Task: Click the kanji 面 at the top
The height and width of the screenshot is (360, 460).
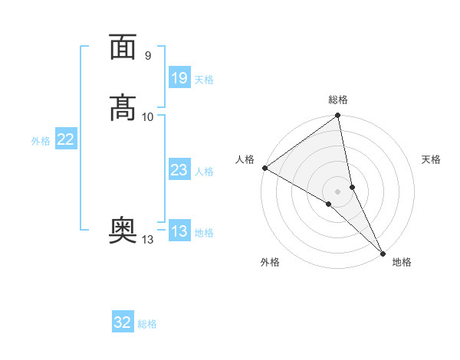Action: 123,47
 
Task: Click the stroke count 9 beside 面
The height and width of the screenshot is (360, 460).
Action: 148,55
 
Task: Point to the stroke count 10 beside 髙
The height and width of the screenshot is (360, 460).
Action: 148,116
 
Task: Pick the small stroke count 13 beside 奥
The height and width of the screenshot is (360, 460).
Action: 147,240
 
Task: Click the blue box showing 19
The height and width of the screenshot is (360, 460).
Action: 179,77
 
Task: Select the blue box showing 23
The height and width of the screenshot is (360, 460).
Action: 179,170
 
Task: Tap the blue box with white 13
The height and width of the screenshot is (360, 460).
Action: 179,232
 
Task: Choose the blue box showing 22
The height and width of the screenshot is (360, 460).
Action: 66,139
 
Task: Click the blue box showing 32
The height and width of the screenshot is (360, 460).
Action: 123,322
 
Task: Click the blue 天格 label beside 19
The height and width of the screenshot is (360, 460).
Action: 204,79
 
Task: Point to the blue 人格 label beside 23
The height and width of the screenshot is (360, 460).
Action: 204,172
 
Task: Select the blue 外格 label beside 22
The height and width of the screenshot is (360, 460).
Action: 41,141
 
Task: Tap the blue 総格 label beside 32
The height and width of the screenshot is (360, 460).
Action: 147,324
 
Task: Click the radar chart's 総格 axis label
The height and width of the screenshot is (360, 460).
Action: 338,100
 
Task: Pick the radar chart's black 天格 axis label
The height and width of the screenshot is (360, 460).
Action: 431,159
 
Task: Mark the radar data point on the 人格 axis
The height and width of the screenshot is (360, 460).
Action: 264,168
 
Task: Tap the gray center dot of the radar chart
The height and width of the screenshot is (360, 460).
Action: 338,191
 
